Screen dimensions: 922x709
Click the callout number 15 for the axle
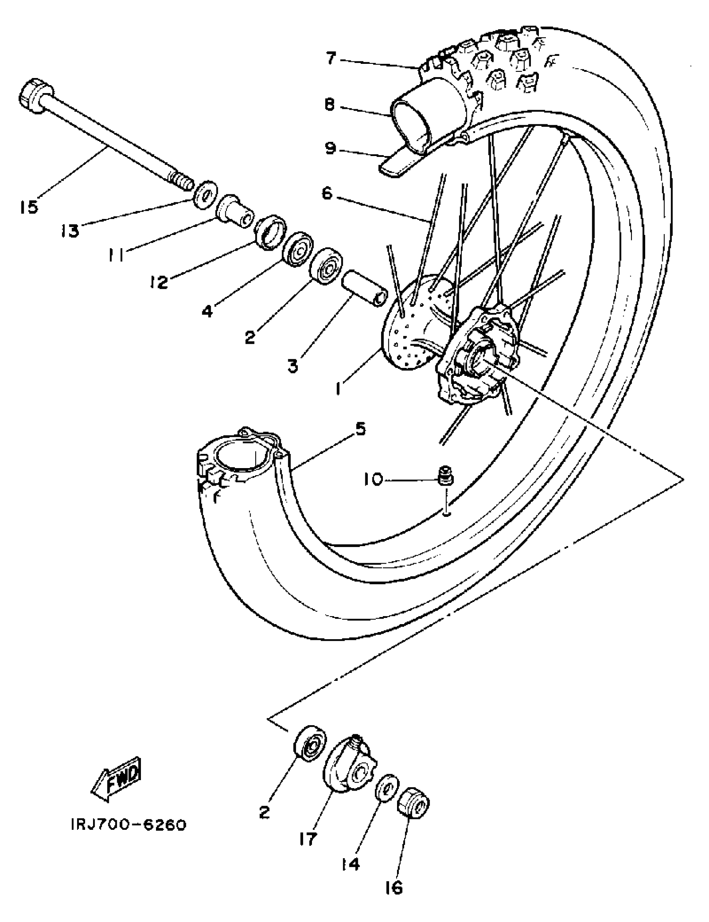coord(29,207)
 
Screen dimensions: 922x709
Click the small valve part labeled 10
coord(444,474)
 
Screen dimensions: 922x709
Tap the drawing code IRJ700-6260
coord(128,824)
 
